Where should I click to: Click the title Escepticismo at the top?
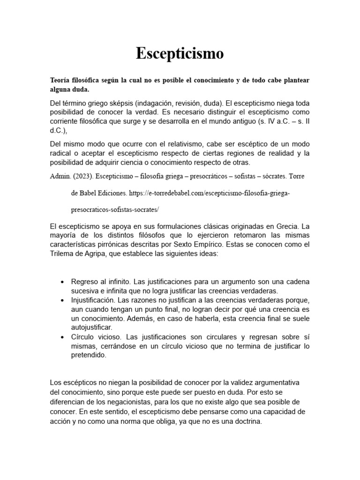[x=180, y=53]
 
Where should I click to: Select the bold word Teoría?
[x=61, y=80]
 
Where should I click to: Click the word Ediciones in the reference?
[x=109, y=193]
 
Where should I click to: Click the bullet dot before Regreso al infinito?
[x=63, y=282]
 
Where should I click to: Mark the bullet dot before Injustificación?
[x=63, y=300]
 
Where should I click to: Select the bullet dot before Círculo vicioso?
[x=63, y=337]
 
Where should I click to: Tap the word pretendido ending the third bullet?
[x=89, y=355]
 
